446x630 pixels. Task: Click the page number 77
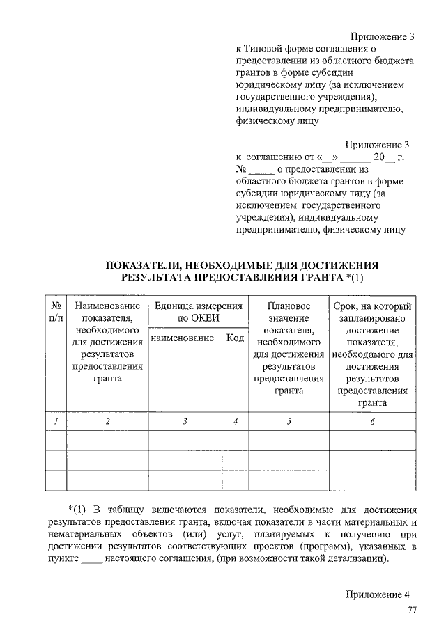412,611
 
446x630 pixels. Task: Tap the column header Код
235,338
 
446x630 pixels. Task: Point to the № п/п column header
55,312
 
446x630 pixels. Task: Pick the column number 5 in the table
289,422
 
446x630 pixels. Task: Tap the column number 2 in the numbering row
107,422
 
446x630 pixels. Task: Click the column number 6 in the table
372,422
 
